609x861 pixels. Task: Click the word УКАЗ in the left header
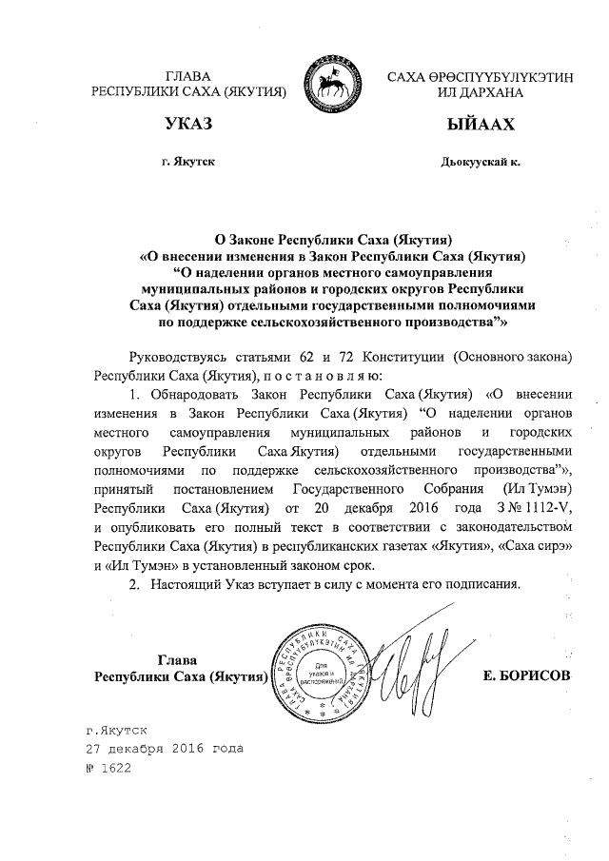(187, 126)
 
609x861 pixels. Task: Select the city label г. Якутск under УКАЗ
(187, 163)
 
